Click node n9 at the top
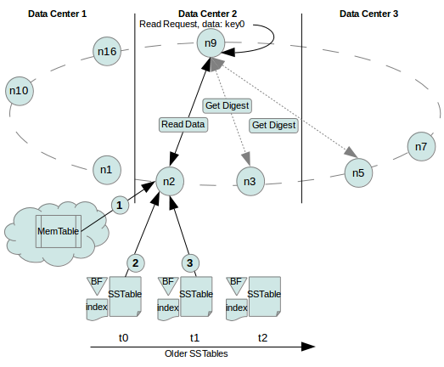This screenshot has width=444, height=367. (x=211, y=42)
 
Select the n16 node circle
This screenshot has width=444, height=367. (x=107, y=51)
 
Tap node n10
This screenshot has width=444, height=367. (x=20, y=91)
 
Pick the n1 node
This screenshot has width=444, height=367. (x=107, y=170)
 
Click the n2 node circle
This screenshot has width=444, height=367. (x=170, y=181)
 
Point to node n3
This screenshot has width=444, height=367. (x=250, y=181)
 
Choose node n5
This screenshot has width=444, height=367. (x=358, y=172)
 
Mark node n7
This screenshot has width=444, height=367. (x=421, y=146)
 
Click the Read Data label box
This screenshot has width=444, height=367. (x=183, y=124)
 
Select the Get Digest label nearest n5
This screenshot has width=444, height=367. (x=273, y=126)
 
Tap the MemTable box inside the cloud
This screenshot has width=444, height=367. (x=59, y=231)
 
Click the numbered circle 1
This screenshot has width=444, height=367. (x=120, y=206)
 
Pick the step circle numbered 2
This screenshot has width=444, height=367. (x=136, y=263)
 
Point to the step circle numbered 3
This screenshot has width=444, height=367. (x=190, y=263)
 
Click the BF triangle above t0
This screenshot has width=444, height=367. (x=97, y=285)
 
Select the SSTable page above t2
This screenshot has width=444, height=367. (x=265, y=296)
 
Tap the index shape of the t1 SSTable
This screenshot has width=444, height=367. (x=168, y=309)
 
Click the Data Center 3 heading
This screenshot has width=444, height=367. (x=368, y=14)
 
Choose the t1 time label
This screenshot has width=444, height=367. (x=194, y=337)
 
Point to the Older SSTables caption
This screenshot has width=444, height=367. (x=196, y=353)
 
